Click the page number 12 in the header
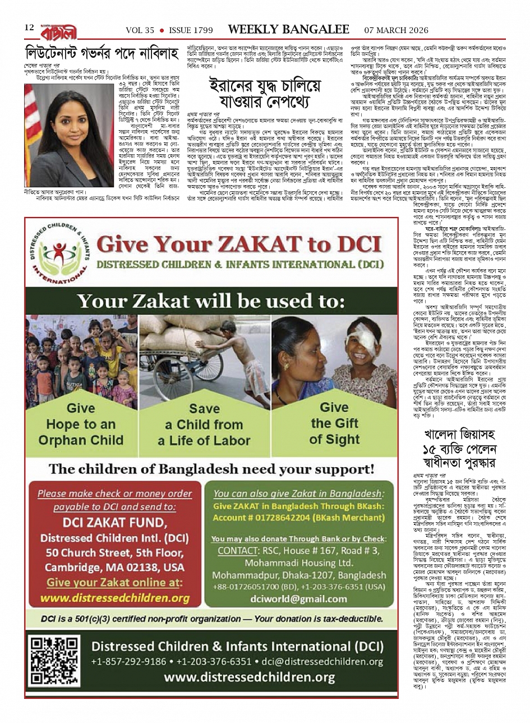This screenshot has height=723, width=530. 29,29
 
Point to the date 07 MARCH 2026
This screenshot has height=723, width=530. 397,30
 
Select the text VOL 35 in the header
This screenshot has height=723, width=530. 140,30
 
